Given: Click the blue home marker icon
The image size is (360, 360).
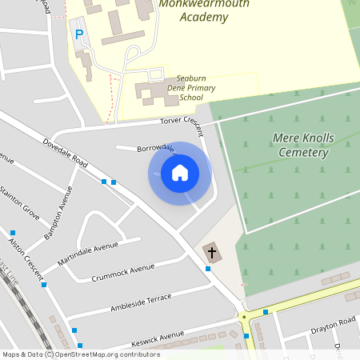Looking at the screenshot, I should point(180,173).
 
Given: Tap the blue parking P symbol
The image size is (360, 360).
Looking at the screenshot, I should point(78,34).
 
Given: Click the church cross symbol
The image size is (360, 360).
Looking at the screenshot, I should point(212,253).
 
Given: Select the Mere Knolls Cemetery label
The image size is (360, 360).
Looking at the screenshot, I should point(301,145).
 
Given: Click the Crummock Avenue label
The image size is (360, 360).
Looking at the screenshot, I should point(122,273).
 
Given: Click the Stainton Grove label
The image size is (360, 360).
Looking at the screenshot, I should point(20,201).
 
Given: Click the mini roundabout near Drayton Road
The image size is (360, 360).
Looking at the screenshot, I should point(244,316).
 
